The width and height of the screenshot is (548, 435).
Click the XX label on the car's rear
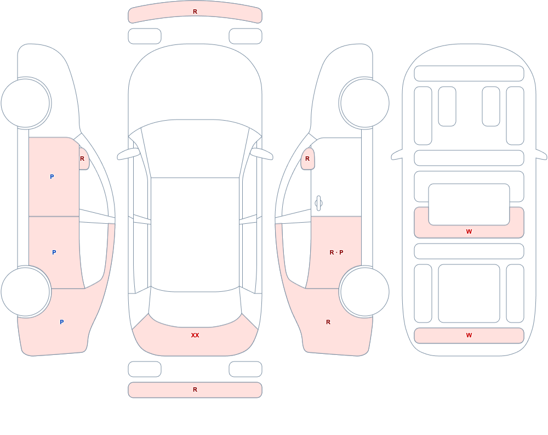(195, 335)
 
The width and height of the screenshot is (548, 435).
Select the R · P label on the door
(336, 252)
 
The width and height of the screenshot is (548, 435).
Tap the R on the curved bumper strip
(195, 12)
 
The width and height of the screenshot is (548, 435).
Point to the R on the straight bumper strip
(195, 389)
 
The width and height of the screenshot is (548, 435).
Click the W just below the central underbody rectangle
(469, 231)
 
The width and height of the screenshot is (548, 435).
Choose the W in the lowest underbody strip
(469, 335)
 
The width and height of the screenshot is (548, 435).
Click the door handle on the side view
(318, 203)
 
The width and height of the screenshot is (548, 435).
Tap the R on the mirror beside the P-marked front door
(82, 159)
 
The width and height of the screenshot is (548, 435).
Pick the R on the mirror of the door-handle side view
(307, 159)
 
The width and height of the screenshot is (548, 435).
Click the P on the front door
(52, 177)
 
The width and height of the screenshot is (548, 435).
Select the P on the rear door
(54, 252)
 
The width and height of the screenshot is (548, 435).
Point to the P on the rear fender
(61, 322)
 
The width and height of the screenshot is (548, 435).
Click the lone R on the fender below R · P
(328, 322)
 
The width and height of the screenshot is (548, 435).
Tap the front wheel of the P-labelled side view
(26, 103)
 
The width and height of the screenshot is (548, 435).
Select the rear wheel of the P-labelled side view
(26, 291)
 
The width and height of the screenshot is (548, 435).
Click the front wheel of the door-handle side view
(364, 103)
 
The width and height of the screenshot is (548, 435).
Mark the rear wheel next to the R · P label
(364, 291)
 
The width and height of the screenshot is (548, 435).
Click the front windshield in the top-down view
(195, 149)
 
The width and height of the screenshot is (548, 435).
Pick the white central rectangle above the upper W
(469, 205)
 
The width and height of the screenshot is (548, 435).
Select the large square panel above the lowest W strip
(469, 293)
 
